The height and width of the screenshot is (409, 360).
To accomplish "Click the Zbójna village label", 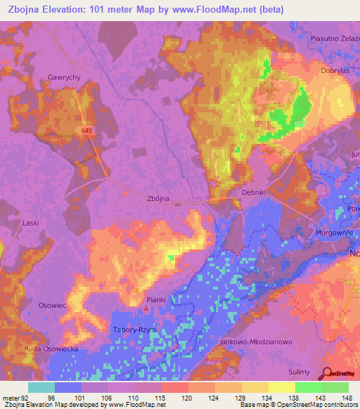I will click(x=159, y=198).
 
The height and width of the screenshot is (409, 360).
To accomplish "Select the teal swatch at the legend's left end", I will click(x=41, y=387).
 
